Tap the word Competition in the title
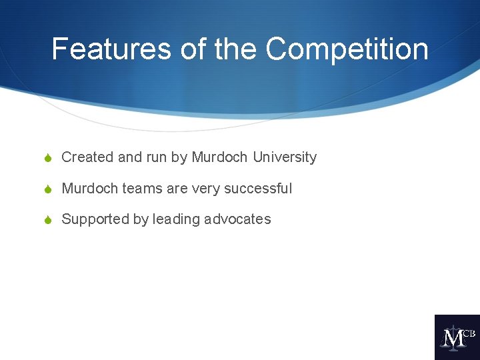coord(347,49)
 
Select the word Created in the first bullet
coord(87,157)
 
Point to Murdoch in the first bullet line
coord(219,157)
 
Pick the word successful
coord(258,189)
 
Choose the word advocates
coord(238,219)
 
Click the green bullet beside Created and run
coord(47,158)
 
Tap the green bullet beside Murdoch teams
coord(47,189)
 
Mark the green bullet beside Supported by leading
coord(47,220)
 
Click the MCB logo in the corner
coord(457,337)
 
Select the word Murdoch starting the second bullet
coord(89,189)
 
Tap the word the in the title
coord(237,49)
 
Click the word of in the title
coord(192,49)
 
